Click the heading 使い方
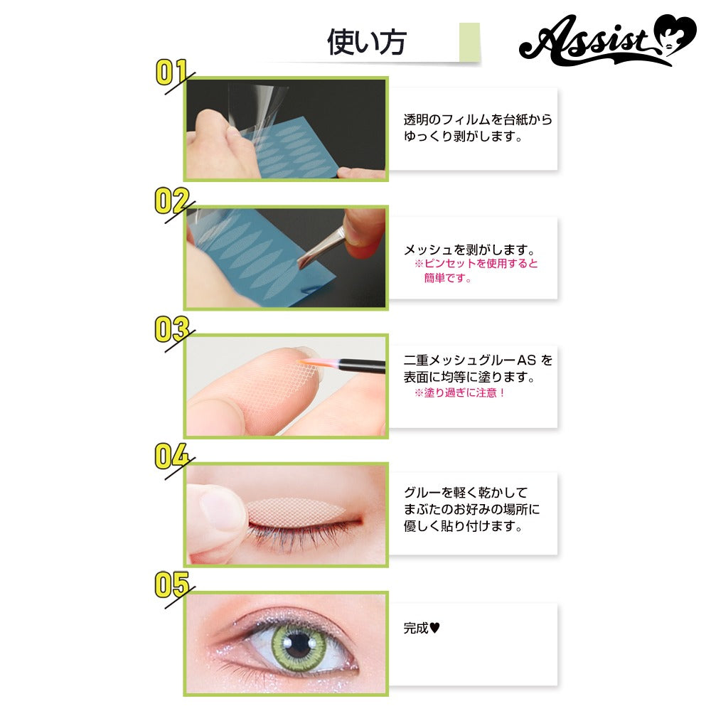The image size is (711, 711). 366,42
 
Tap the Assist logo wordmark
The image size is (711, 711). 589,41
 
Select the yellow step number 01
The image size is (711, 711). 171,73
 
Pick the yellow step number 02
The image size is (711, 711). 171,201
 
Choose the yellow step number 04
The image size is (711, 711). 171,456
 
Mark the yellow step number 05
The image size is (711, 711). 171,584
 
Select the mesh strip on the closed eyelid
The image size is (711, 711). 295,510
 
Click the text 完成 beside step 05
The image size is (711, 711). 416,628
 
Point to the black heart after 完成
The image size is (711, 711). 434,628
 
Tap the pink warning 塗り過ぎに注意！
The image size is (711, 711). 460,392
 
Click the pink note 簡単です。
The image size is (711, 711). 447,278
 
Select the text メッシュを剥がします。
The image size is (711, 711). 470,250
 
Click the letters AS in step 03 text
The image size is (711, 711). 526,360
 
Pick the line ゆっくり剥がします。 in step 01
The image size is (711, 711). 464,136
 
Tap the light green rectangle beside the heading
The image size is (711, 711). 469,42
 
